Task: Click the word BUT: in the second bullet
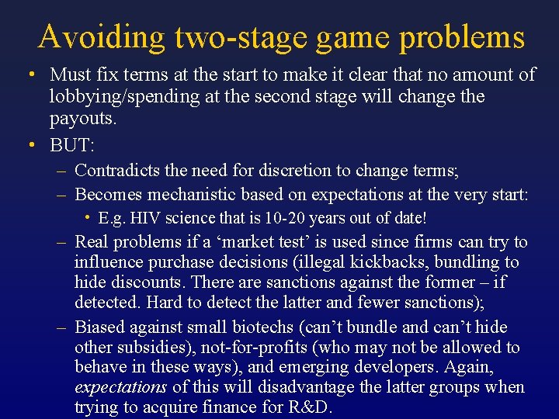point(71,144)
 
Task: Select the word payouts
point(82,119)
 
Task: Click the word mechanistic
point(191,193)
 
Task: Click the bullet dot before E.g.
point(90,218)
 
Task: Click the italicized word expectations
point(120,387)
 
